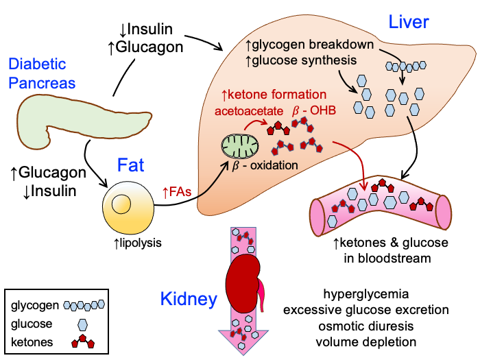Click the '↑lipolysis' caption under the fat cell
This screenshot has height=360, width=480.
pyautogui.click(x=128, y=241)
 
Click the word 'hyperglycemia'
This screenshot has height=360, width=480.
pyautogui.click(x=366, y=295)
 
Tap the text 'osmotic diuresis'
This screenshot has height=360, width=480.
pyautogui.click(x=366, y=326)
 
